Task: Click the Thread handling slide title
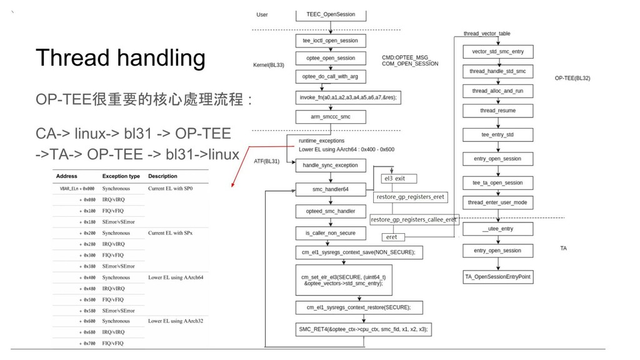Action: (x=120, y=59)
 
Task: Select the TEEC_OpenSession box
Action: (x=330, y=14)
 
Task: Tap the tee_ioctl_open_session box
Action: (x=330, y=41)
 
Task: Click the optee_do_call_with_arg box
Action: (x=330, y=76)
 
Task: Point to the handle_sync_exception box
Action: (x=330, y=166)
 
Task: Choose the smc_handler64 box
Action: (x=330, y=189)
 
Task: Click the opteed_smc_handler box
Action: (x=330, y=211)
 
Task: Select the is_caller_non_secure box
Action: (x=330, y=233)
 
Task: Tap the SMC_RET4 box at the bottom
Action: (x=363, y=329)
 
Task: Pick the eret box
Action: (x=392, y=237)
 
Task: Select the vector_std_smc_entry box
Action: (x=498, y=51)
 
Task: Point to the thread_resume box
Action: (x=498, y=111)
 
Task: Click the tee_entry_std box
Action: (x=498, y=135)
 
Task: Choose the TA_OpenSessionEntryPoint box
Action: (x=498, y=276)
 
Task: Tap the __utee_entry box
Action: (x=498, y=229)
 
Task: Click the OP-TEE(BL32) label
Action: (x=572, y=79)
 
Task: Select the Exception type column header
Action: (x=121, y=176)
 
